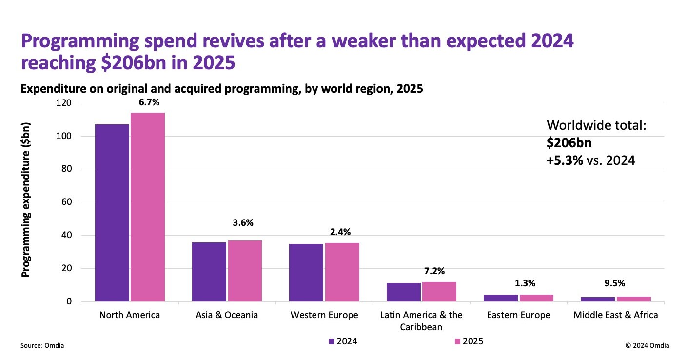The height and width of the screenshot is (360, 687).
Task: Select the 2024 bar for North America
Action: pos(112,213)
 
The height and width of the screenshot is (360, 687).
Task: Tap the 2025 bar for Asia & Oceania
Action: pos(244,271)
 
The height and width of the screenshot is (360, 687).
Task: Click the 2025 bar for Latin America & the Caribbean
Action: pos(439,292)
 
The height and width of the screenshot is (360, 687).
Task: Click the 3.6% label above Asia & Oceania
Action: pos(243,223)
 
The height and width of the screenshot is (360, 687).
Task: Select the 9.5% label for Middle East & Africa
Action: pos(633,283)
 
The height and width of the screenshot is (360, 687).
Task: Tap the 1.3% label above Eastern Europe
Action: pos(536,283)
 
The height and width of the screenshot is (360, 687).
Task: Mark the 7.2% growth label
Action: pos(438,271)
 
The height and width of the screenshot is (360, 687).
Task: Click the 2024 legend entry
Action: pos(343,341)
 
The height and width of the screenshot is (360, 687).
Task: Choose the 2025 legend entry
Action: pos(469,341)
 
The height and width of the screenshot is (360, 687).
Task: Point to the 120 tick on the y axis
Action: pos(65,103)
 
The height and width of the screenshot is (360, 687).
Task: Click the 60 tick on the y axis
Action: pos(67,202)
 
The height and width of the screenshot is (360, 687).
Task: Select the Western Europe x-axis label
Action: pos(324,315)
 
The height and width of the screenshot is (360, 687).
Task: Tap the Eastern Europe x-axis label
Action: pos(518,315)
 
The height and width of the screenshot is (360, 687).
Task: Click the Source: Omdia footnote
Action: pos(42,345)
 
